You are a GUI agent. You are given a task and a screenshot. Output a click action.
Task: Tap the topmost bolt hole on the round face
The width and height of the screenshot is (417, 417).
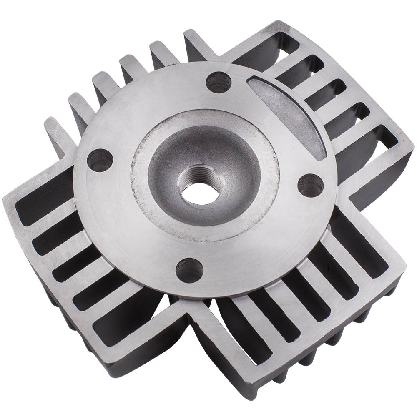tap(219, 82)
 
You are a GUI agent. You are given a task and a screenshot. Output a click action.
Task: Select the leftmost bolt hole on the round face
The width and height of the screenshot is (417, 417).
tap(100, 160)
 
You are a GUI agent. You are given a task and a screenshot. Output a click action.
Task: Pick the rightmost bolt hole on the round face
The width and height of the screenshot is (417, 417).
tap(310, 185)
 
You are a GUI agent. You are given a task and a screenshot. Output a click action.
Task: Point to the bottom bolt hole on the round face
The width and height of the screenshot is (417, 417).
tap(189, 269)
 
